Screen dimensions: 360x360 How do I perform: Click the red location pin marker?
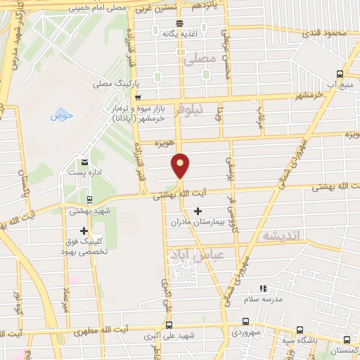tap(181, 165)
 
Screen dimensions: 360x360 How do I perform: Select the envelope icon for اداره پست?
tap(85, 162)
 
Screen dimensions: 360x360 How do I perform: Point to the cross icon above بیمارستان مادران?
tap(198, 211)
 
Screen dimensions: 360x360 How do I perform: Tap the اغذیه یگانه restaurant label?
tap(178, 33)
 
